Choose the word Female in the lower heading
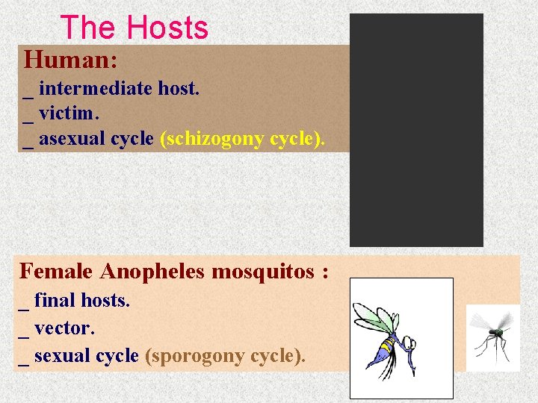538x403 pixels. (56, 271)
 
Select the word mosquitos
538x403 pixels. (262, 271)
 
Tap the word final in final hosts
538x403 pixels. (54, 301)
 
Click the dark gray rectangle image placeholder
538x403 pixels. (416, 130)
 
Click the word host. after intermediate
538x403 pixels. (178, 89)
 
